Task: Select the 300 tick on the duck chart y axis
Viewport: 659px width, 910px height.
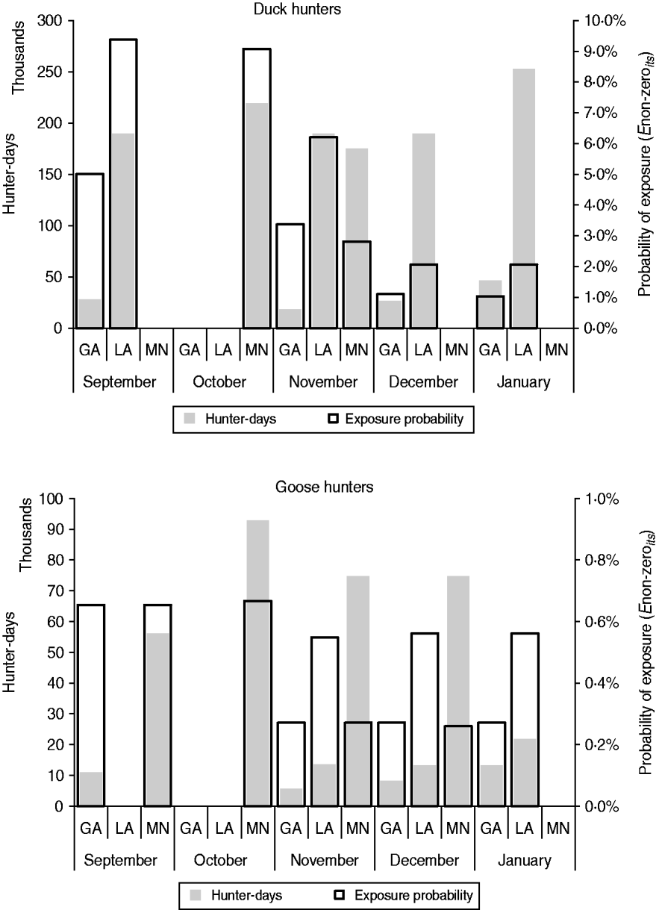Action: pos(54,21)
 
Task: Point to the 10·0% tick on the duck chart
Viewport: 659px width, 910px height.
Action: pos(603,21)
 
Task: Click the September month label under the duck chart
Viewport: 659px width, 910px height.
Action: pos(120,382)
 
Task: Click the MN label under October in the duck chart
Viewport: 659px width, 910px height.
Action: pos(257,348)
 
